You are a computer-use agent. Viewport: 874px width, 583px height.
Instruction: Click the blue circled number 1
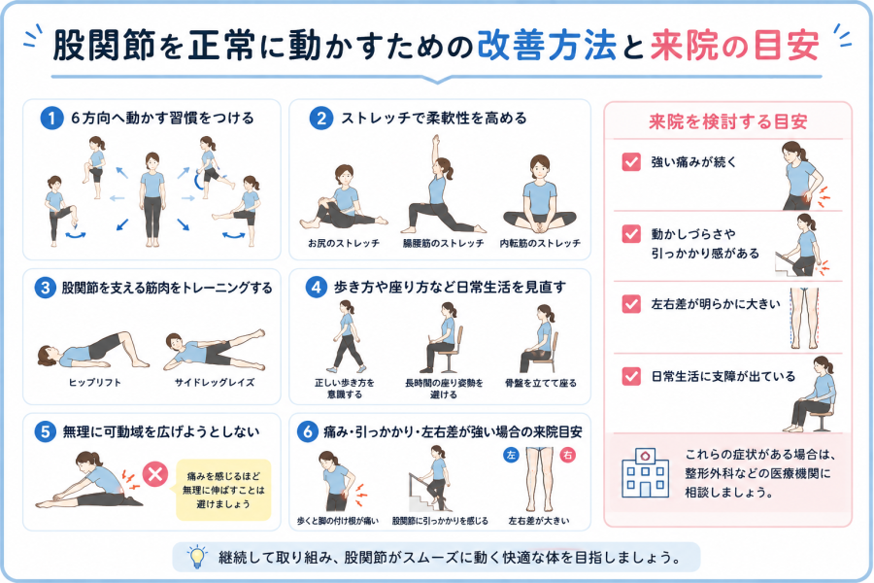pyautogui.click(x=51, y=119)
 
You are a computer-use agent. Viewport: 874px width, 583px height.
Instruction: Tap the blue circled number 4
pyautogui.click(x=316, y=288)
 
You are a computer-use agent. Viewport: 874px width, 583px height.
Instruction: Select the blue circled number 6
pyautogui.click(x=308, y=432)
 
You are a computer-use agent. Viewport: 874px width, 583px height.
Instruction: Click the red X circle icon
pyautogui.click(x=155, y=474)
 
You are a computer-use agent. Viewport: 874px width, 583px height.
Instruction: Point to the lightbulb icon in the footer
pyautogui.click(x=197, y=557)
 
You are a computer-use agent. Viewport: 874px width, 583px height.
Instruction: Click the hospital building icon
pyautogui.click(x=645, y=472)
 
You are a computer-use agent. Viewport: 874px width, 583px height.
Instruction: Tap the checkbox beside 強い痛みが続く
pyautogui.click(x=631, y=162)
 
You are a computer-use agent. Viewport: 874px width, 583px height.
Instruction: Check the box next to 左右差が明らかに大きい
pyautogui.click(x=631, y=304)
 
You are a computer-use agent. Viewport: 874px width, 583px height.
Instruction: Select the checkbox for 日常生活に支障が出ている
pyautogui.click(x=631, y=376)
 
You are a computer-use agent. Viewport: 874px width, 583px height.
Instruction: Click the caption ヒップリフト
pyautogui.click(x=95, y=383)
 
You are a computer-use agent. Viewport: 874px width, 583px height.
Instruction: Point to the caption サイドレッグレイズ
pyautogui.click(x=215, y=383)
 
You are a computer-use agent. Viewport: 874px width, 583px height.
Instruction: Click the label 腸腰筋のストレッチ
pyautogui.click(x=444, y=243)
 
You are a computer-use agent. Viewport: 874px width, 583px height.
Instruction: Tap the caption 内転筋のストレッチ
pyautogui.click(x=540, y=243)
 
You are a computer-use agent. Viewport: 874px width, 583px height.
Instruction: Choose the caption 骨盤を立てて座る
pyautogui.click(x=541, y=383)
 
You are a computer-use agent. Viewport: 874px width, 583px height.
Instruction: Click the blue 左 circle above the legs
pyautogui.click(x=511, y=456)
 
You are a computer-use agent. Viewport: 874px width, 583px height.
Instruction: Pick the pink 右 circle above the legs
pyautogui.click(x=568, y=456)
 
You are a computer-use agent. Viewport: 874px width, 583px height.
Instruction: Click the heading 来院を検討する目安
pyautogui.click(x=728, y=121)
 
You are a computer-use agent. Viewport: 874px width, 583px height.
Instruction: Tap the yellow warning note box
pyautogui.click(x=223, y=490)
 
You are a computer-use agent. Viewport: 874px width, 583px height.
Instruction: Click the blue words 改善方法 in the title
pyautogui.click(x=547, y=46)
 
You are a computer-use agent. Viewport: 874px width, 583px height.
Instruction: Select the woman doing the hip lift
pyautogui.click(x=93, y=351)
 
